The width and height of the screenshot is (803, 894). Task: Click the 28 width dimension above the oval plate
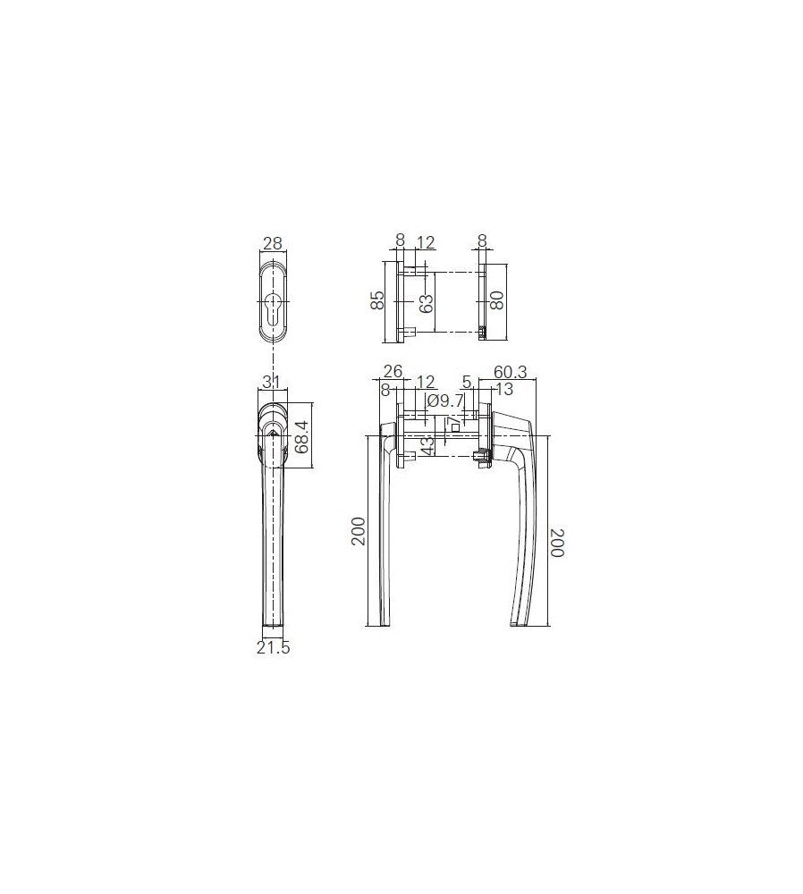click(x=272, y=243)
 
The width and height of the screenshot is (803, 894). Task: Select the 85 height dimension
click(x=377, y=300)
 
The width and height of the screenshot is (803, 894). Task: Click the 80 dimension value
click(x=497, y=300)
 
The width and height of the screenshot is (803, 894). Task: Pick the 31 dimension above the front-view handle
click(x=273, y=382)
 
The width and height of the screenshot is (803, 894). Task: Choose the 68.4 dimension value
click(x=302, y=436)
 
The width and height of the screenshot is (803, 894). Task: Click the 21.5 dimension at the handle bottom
click(x=273, y=647)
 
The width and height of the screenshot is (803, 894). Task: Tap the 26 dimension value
click(x=393, y=371)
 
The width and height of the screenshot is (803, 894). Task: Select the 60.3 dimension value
click(x=510, y=372)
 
